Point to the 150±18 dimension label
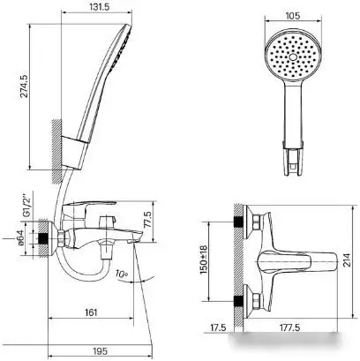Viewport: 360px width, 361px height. [x=203, y=261]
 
